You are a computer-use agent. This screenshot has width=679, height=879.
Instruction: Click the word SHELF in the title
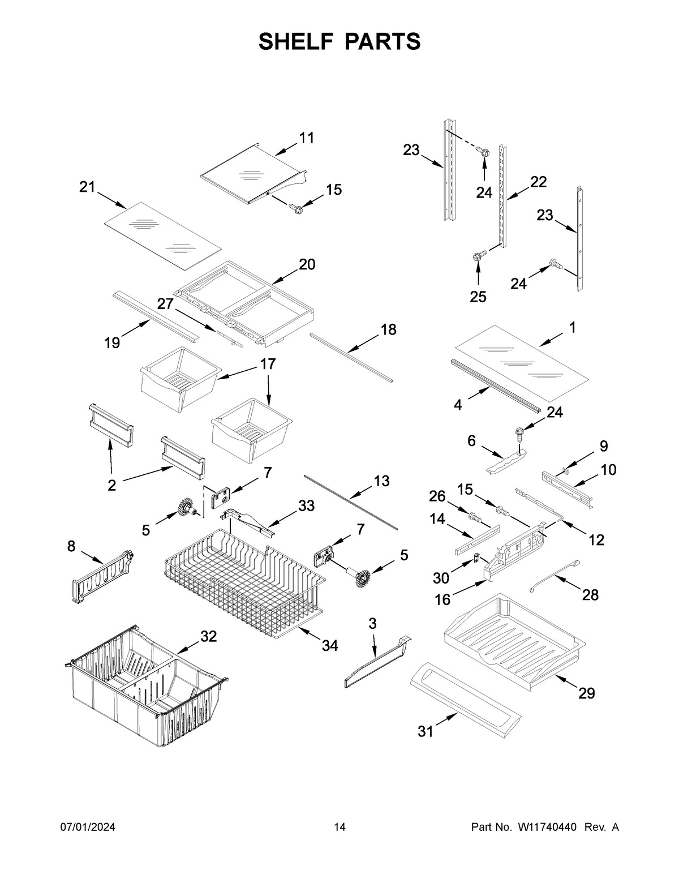[295, 41]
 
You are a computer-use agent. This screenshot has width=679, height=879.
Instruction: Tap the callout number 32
[208, 636]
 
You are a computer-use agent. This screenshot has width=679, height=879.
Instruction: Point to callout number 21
[87, 187]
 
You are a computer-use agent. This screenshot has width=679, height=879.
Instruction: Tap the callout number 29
[586, 693]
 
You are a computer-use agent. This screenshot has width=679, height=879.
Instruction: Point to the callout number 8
[71, 546]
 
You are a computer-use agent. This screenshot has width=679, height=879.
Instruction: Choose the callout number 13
[381, 481]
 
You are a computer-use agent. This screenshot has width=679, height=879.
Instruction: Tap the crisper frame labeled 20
[243, 303]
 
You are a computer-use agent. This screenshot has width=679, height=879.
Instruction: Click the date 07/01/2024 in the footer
[88, 827]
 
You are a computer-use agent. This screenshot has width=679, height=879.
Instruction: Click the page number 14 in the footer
[339, 827]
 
